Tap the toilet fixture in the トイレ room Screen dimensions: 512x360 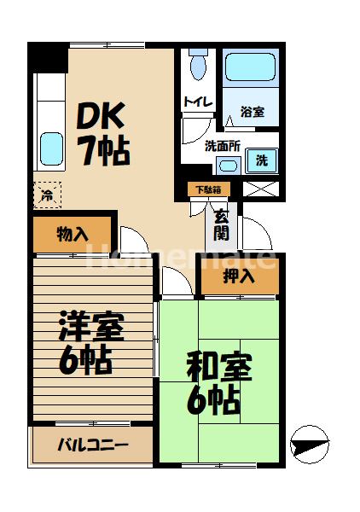(199, 66)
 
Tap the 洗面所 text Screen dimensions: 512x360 (221, 145)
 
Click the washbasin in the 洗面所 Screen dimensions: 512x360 (228, 164)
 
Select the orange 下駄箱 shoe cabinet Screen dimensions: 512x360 (206, 189)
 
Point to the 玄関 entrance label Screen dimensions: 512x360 (221, 224)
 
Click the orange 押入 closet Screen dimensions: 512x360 (239, 275)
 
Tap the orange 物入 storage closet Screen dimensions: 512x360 (73, 234)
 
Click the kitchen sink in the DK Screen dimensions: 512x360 (50, 147)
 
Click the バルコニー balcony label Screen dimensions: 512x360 (92, 445)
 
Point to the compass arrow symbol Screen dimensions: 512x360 (308, 444)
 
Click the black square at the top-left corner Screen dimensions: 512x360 (47, 57)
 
